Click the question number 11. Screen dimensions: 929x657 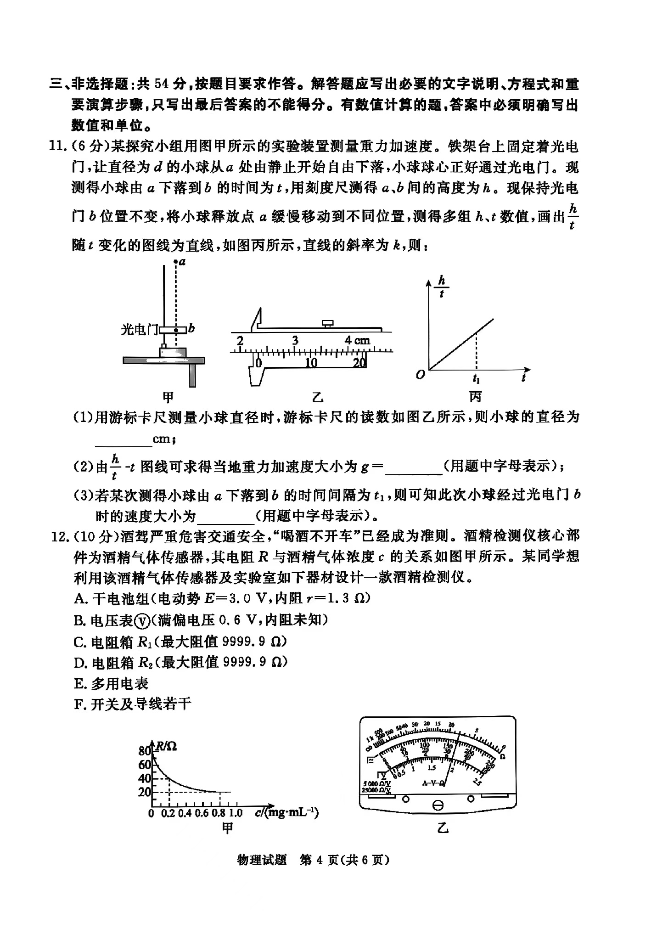pos(57,146)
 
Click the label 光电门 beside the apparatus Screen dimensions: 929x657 pos(139,329)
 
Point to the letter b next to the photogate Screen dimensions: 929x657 pos(192,328)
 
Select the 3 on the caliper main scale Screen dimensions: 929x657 pos(295,340)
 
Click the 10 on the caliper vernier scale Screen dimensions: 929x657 pos(311,363)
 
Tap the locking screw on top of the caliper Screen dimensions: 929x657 pos(328,324)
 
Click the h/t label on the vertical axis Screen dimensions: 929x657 pos(442,287)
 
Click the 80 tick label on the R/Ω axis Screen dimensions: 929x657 pos(145,751)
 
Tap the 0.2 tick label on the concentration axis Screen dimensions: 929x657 pos(168,813)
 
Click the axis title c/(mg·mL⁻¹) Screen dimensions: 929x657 pos(286,812)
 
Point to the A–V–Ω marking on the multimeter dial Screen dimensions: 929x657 pos(433,783)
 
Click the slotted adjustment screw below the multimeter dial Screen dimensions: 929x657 pos(438,805)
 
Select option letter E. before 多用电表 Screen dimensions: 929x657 pos(80,684)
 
